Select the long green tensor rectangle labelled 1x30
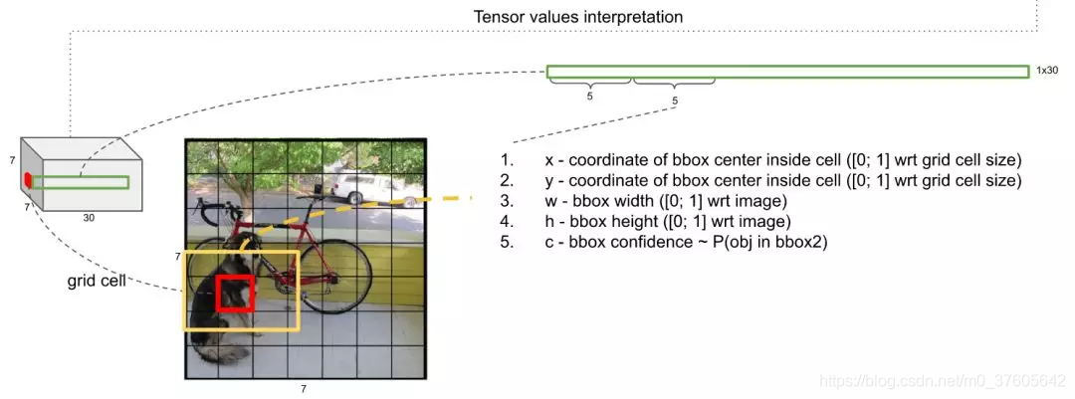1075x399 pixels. click(786, 72)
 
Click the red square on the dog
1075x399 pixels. click(237, 294)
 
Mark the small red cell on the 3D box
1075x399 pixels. click(28, 179)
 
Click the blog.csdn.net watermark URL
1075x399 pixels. click(942, 381)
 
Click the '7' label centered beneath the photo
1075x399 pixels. click(304, 389)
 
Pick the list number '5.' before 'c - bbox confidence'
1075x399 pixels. click(508, 242)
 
